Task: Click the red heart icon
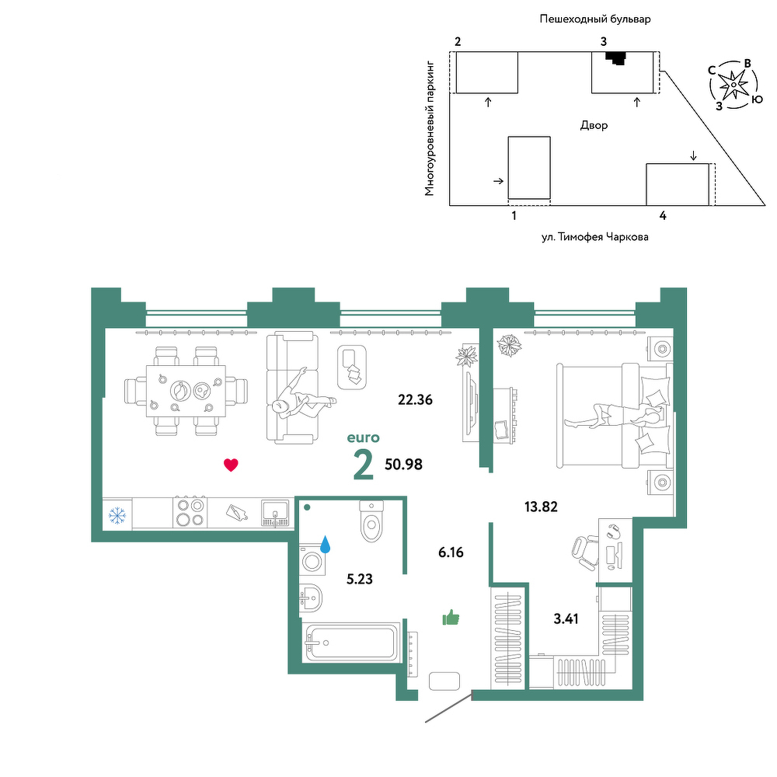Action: click(x=231, y=465)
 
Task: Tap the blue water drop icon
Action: click(x=325, y=544)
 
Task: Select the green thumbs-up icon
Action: click(x=451, y=618)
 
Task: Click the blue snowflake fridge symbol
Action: click(x=117, y=515)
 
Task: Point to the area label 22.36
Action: click(x=415, y=399)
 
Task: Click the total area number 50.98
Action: click(x=403, y=465)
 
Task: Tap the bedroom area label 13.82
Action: click(x=541, y=507)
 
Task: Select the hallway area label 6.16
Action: click(x=451, y=552)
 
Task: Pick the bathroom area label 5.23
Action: click(x=360, y=579)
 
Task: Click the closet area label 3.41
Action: click(x=566, y=618)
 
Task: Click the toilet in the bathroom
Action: click(x=371, y=521)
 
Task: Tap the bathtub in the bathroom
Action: click(x=352, y=643)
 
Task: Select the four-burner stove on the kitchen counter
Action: click(x=190, y=512)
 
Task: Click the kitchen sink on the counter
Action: click(x=275, y=513)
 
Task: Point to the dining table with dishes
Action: click(x=186, y=391)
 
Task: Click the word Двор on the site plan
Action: click(x=594, y=125)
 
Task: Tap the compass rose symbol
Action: click(x=734, y=85)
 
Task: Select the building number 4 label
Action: click(x=663, y=215)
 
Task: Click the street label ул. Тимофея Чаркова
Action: click(x=594, y=237)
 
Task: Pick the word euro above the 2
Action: click(x=363, y=438)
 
